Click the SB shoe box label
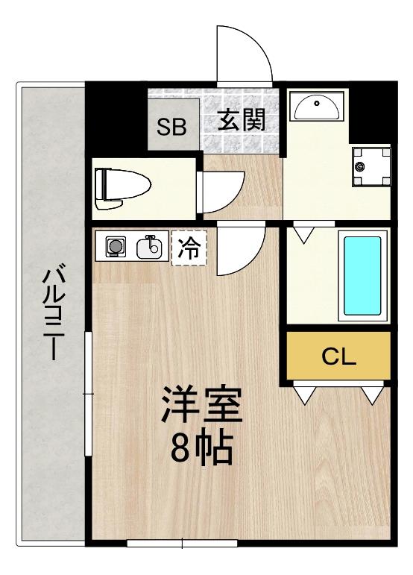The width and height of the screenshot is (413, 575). (x=171, y=127)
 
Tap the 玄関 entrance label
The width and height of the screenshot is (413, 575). (x=241, y=120)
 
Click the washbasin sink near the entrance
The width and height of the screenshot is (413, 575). (x=317, y=106)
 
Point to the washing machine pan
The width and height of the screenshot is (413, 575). (x=371, y=167)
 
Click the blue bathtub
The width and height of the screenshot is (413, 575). (x=362, y=276)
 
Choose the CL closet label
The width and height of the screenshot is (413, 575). (x=339, y=356)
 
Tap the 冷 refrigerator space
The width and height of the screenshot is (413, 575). (x=189, y=248)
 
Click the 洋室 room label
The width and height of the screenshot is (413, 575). (x=202, y=404)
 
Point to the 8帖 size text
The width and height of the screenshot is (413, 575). (x=202, y=448)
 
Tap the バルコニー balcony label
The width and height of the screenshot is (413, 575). (x=54, y=312)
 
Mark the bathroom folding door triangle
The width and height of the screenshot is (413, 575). (x=304, y=235)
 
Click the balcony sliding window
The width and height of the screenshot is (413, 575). (x=88, y=394)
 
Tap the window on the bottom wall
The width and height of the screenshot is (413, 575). (x=182, y=543)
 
